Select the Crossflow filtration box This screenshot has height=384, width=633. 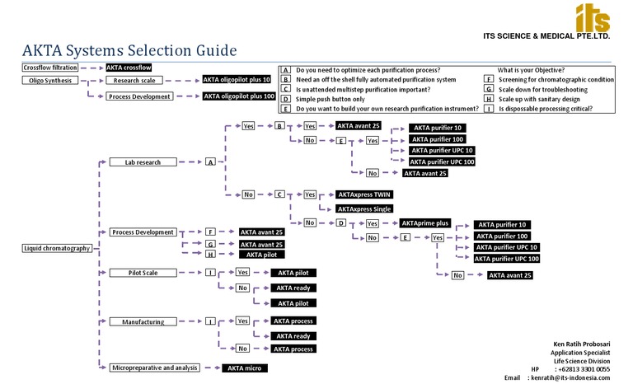pyautogui.click(x=50, y=68)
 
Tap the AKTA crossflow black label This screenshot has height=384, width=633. pyautogui.click(x=129, y=68)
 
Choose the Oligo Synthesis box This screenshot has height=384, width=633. pyautogui.click(x=49, y=81)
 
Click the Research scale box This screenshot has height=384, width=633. pyautogui.click(x=138, y=81)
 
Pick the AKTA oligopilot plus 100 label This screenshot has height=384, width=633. pyautogui.click(x=239, y=96)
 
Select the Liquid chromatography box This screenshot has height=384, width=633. pyautogui.click(x=56, y=248)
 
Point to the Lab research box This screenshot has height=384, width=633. pyautogui.click(x=143, y=162)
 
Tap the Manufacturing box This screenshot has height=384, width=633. pyautogui.click(x=143, y=321)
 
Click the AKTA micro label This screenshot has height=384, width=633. pyautogui.click(x=245, y=368)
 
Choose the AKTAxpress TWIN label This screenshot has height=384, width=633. pyautogui.click(x=364, y=194)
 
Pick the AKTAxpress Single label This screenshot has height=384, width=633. pyautogui.click(x=365, y=209)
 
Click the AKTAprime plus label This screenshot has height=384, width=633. pyautogui.click(x=425, y=223)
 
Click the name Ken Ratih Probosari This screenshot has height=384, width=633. pyautogui.click(x=581, y=343)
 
